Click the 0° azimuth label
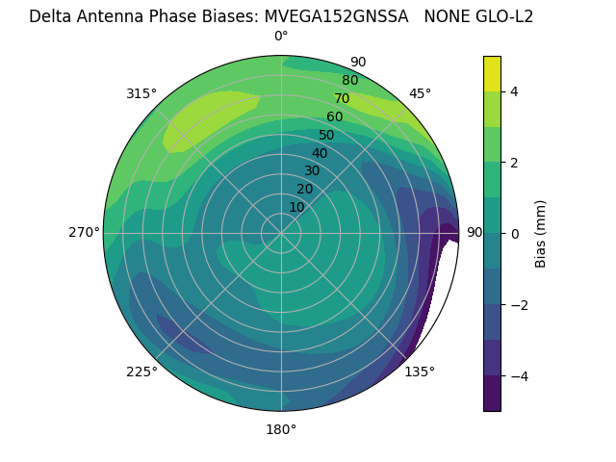coord(281,37)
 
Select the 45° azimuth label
coord(420,93)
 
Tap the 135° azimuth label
coord(420,372)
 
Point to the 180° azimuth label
coord(281,429)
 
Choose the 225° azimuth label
coord(141,372)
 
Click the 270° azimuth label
coord(84,232)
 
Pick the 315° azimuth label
coord(141,93)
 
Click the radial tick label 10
coord(296,207)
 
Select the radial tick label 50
coord(326,135)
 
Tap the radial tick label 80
coord(349,80)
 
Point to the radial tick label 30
coord(312,171)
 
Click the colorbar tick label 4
coord(515,91)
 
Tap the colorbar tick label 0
coord(515,234)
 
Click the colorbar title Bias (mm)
coord(541,234)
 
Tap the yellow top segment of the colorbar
coord(492,73)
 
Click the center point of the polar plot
coord(281,233)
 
